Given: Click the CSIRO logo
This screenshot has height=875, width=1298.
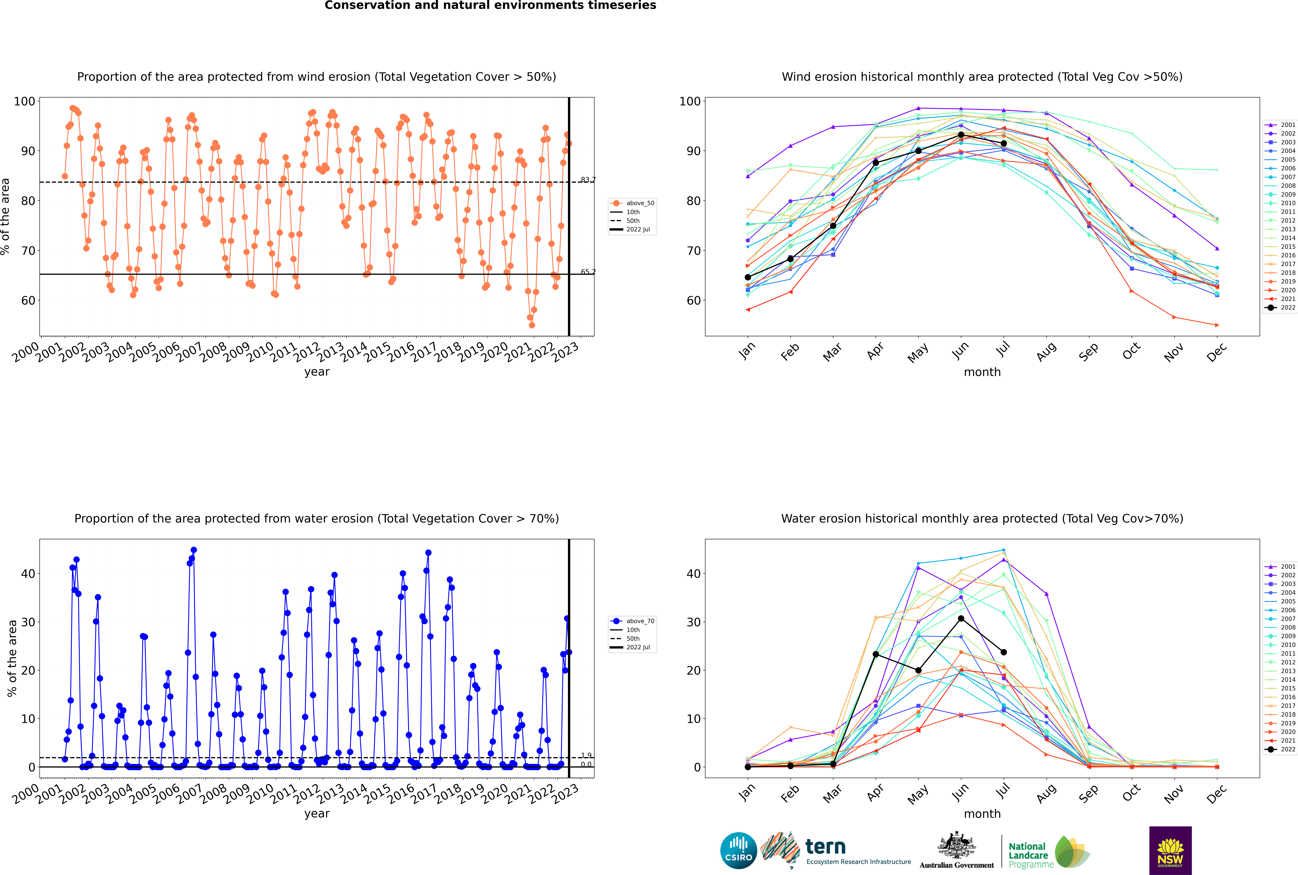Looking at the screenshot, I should (x=738, y=850).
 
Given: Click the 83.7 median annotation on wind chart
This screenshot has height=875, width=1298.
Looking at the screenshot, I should (x=588, y=180).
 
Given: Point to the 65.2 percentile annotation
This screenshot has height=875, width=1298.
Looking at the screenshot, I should (x=588, y=272).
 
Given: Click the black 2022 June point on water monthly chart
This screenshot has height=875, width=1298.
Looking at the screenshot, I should (x=961, y=618).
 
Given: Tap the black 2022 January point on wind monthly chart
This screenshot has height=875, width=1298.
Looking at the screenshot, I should (x=748, y=277).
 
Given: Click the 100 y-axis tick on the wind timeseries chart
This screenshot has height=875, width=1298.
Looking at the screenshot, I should (x=25, y=102).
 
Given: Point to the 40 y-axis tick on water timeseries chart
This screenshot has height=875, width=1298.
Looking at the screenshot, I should (x=28, y=574).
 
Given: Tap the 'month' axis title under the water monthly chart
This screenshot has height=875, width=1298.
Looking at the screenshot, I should (x=982, y=814).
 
